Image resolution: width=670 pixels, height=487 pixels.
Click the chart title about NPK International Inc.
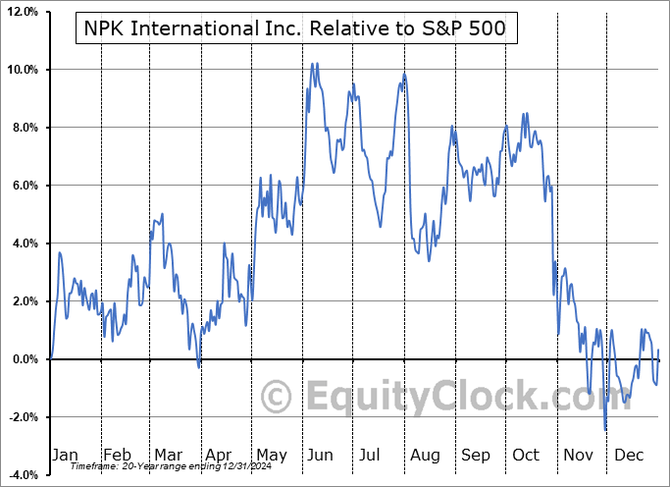click(x=295, y=27)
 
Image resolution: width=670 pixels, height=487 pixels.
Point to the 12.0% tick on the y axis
click(x=22, y=12)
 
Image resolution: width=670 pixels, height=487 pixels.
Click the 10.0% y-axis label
click(x=22, y=70)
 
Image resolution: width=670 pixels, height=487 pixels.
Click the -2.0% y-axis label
click(x=22, y=417)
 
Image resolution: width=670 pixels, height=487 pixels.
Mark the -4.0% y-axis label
click(x=22, y=475)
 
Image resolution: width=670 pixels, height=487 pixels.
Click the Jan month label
click(x=64, y=455)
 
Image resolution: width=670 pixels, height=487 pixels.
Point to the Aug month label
click(x=425, y=455)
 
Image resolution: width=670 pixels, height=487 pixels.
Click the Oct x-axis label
click(x=527, y=455)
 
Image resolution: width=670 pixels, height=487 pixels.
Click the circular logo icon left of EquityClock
click(x=278, y=398)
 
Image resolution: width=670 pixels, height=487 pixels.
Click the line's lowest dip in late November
click(x=605, y=429)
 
